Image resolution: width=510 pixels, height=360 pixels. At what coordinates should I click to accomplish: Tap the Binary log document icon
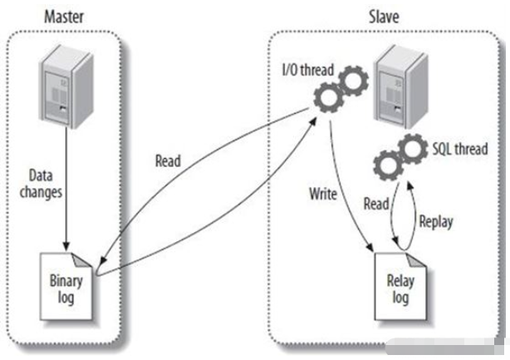click(x=69, y=282)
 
